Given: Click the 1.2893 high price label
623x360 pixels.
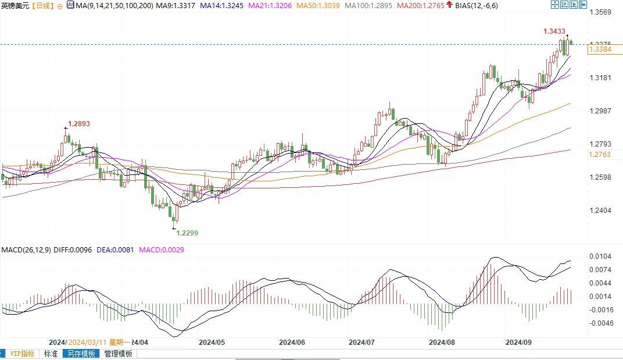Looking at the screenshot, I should click(x=79, y=124).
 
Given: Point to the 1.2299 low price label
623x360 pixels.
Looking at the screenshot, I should click(x=187, y=233).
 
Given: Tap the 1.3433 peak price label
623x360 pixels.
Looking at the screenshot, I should click(x=554, y=31).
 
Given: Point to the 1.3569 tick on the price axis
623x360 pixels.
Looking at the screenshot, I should click(x=600, y=12).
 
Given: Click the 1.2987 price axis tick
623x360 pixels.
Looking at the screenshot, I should click(x=600, y=111).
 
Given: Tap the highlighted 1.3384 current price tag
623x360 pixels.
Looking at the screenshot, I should click(x=600, y=50).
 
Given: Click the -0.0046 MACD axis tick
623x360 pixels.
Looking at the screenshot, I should click(x=600, y=323).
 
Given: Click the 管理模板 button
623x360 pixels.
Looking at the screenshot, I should click(x=118, y=354).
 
